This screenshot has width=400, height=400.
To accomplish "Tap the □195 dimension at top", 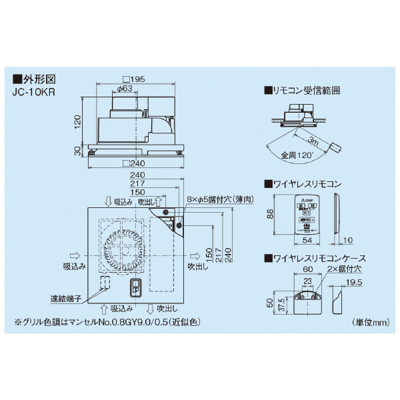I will [x=136, y=79].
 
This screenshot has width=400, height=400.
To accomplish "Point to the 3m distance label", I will [x=313, y=141].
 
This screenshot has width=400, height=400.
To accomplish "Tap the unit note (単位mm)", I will [x=370, y=322].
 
